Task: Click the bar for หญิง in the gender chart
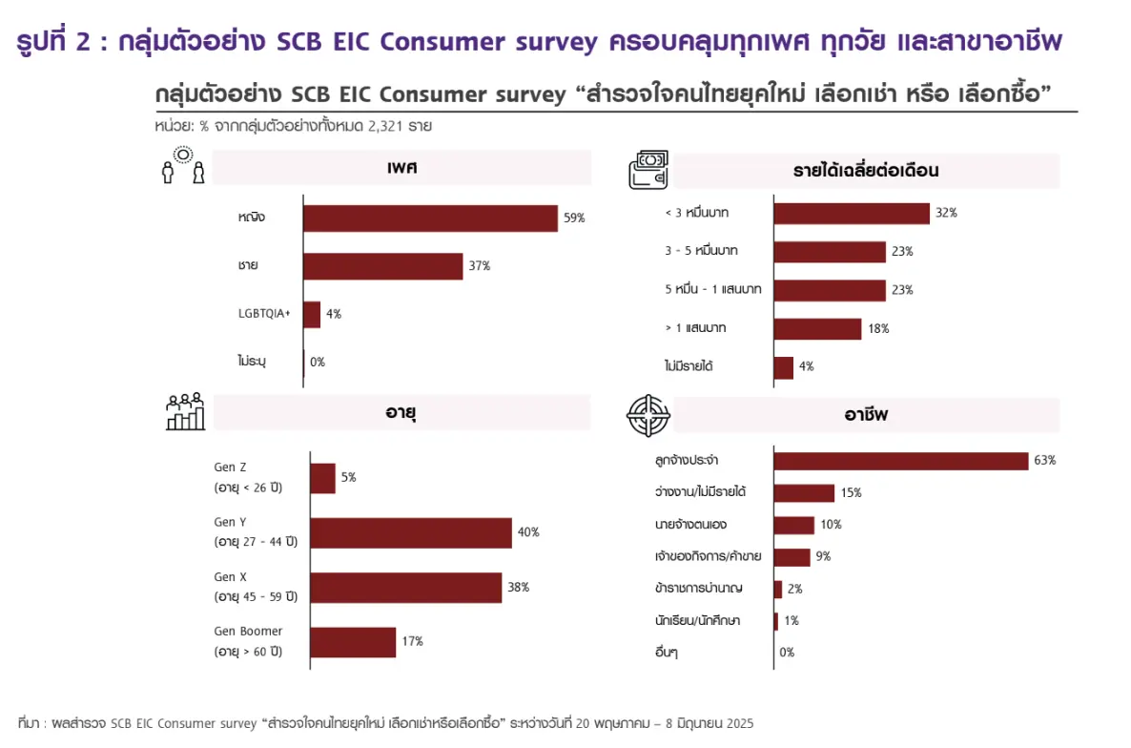[430, 218]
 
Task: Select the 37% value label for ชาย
[479, 266]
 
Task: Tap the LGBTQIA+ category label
[264, 314]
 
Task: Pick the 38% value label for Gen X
[518, 588]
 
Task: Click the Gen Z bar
[322, 478]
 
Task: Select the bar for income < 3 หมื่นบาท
[851, 213]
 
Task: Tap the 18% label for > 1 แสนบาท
[878, 328]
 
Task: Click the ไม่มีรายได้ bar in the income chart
[783, 367]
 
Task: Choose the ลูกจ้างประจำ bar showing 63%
[900, 461]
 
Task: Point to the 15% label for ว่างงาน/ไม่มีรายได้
[851, 493]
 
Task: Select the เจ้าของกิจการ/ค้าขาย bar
[792, 557]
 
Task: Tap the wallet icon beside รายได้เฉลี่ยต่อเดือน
[648, 169]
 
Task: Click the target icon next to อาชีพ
[648, 414]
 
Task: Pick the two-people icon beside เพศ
[182, 169]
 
